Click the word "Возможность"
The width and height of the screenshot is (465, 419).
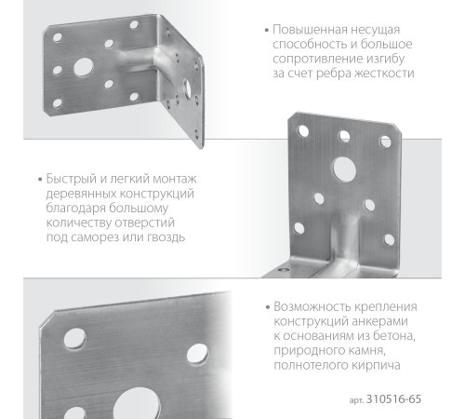(x=313, y=306)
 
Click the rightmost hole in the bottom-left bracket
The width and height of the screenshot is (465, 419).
(x=197, y=353)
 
